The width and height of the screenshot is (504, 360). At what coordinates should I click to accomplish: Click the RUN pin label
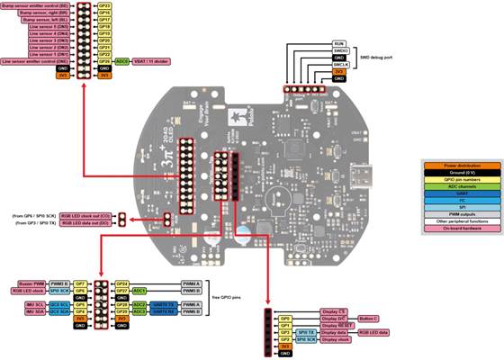[338, 42]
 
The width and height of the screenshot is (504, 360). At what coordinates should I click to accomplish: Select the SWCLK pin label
[340, 64]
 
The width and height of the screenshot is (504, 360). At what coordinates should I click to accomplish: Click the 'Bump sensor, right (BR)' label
[44, 12]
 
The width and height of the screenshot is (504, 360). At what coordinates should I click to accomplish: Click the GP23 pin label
[103, 4]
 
